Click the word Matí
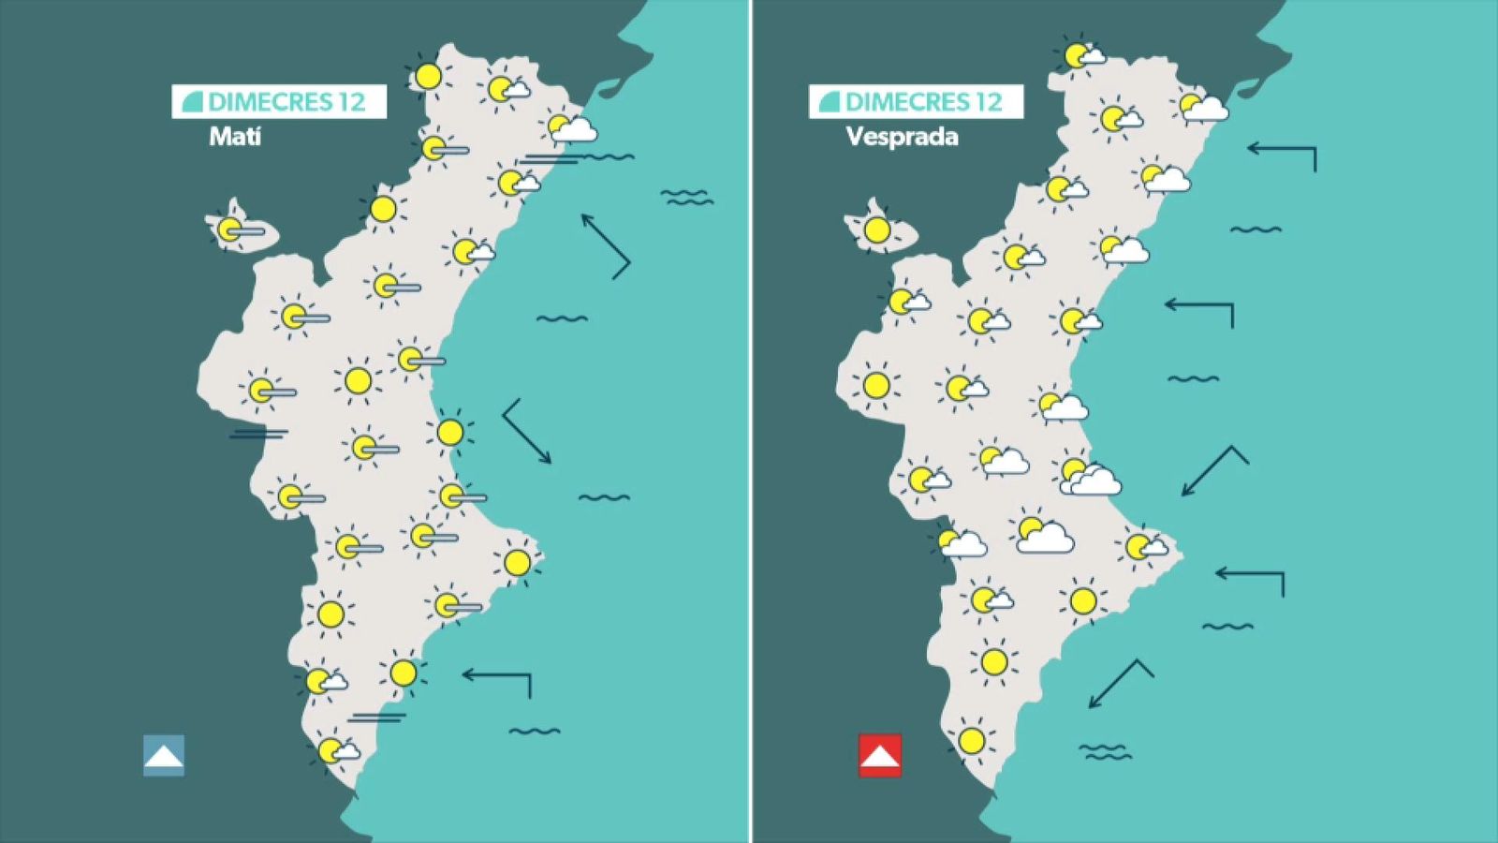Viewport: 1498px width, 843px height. pyautogui.click(x=235, y=137)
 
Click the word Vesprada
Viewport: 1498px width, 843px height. pyautogui.click(x=902, y=137)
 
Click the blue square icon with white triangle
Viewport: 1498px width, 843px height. pyautogui.click(x=164, y=755)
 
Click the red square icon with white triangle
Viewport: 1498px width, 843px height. pyautogui.click(x=880, y=755)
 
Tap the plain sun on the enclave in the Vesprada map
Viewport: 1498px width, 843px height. pyautogui.click(x=877, y=229)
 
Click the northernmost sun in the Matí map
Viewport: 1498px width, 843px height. pyautogui.click(x=429, y=76)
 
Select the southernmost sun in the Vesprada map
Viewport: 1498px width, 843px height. pyautogui.click(x=972, y=741)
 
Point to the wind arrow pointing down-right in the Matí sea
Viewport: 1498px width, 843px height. pyautogui.click(x=527, y=432)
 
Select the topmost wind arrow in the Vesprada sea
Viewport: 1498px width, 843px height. pyautogui.click(x=1282, y=154)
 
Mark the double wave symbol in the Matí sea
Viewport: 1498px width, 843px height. pyautogui.click(x=686, y=197)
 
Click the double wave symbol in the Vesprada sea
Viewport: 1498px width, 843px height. pyautogui.click(x=1105, y=751)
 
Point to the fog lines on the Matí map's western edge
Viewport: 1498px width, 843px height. pyautogui.click(x=258, y=434)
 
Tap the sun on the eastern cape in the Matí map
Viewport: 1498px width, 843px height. pyautogui.click(x=517, y=562)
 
